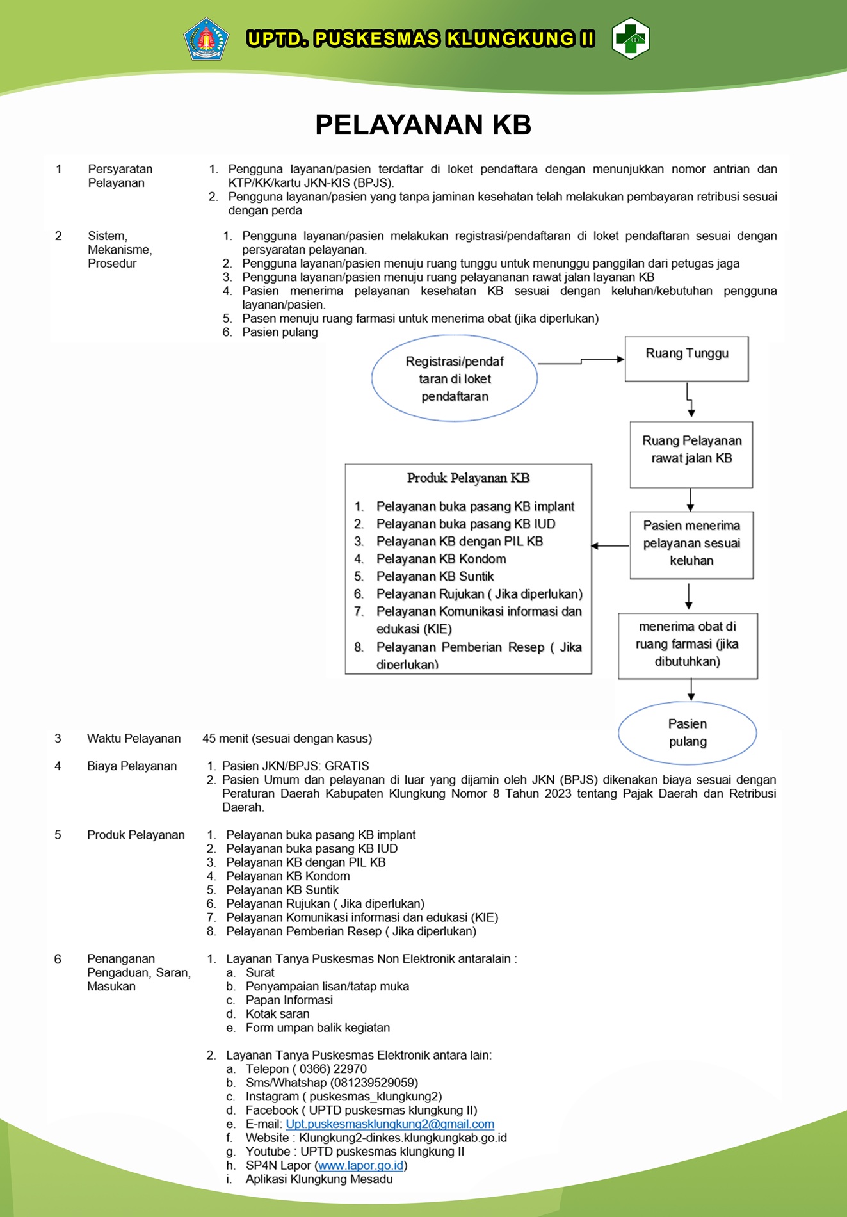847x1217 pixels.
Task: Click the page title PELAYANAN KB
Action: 423,125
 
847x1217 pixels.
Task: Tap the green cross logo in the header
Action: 631,38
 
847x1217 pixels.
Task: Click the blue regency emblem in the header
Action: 206,39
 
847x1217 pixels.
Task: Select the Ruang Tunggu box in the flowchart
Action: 686,359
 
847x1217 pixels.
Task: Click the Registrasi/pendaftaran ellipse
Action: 455,378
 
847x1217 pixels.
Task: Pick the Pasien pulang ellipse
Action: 687,733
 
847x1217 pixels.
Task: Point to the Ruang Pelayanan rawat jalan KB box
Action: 691,455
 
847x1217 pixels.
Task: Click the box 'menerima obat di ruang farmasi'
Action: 688,646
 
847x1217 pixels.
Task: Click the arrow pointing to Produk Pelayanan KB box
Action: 609,546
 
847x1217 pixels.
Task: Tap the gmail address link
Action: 390,1124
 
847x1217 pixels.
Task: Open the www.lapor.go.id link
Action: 360,1166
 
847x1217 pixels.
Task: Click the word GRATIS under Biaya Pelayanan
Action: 347,766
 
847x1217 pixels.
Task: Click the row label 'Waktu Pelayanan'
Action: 134,739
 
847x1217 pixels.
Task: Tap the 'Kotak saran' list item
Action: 277,1014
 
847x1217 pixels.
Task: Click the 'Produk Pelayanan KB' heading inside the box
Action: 468,478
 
